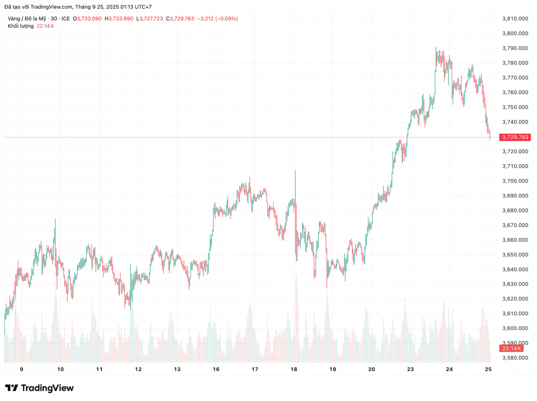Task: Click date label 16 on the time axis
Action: click(x=216, y=370)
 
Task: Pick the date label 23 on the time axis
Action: click(x=410, y=370)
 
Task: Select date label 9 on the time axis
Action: click(x=21, y=370)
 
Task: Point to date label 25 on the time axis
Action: click(x=488, y=370)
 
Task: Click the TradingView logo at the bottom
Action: click(x=39, y=388)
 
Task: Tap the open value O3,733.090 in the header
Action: click(x=89, y=19)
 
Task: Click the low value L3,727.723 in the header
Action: click(x=151, y=19)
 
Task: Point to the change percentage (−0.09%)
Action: click(x=227, y=19)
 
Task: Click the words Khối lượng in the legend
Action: click(x=21, y=26)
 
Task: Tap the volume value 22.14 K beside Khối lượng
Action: click(x=45, y=26)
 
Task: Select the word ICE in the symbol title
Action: click(x=66, y=19)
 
